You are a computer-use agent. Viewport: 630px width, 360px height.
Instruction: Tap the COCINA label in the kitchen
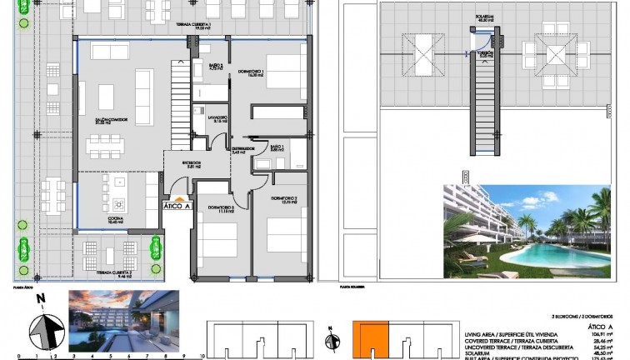tap(114, 219)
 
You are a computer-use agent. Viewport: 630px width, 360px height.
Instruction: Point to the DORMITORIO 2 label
tap(284, 199)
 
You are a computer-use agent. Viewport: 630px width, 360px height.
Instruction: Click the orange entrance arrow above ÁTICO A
tap(178, 197)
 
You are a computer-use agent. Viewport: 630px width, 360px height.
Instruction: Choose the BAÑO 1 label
tap(277, 147)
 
